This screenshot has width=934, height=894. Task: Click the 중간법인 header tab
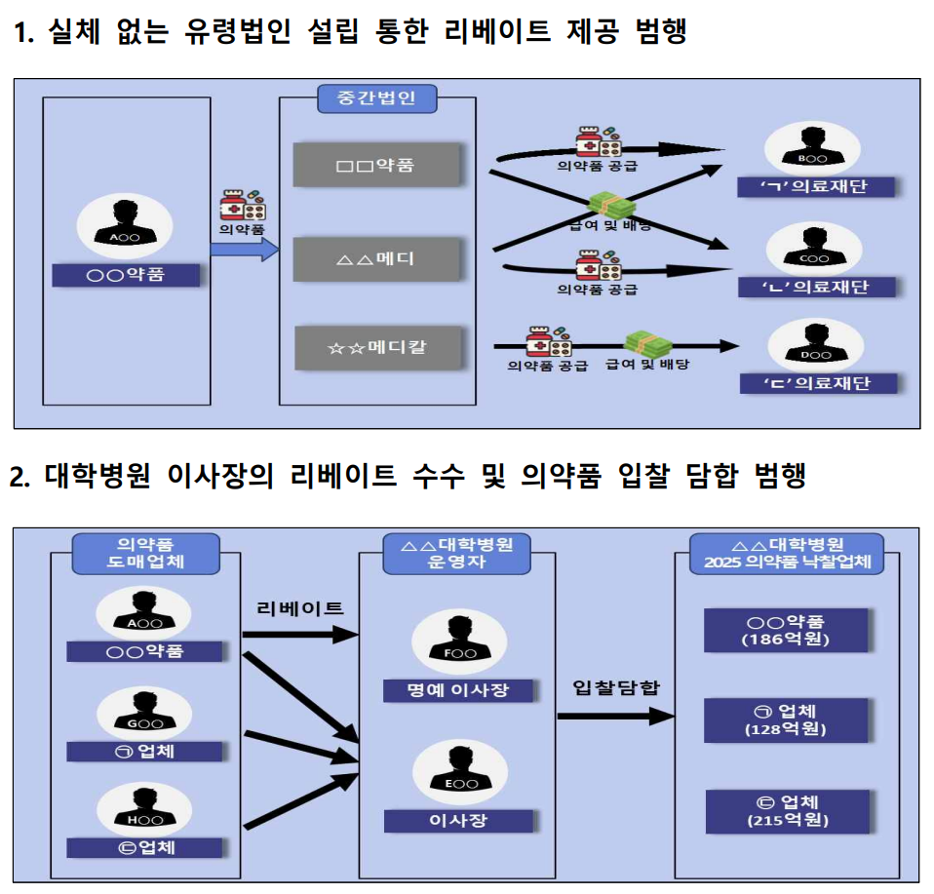click(377, 98)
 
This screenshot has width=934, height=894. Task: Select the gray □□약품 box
click(377, 165)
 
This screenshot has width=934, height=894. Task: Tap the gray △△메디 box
click(377, 259)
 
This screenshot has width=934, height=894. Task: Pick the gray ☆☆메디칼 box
click(378, 347)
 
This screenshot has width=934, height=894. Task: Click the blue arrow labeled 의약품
click(244, 249)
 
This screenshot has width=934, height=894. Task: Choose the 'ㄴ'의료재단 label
click(817, 287)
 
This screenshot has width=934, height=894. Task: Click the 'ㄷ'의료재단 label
click(818, 383)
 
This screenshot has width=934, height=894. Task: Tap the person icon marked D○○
click(815, 345)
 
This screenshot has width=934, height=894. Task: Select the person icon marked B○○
click(812, 148)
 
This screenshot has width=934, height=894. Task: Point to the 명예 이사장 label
click(458, 690)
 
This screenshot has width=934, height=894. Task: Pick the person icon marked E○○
click(460, 772)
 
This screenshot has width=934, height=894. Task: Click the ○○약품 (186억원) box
click(786, 630)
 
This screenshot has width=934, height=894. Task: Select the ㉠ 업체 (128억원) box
click(786, 720)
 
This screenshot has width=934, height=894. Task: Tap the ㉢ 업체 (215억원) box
click(788, 811)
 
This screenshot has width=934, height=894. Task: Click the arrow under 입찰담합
click(616, 716)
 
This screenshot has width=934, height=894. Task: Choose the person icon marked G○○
click(144, 714)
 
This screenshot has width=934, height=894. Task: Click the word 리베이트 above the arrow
click(300, 608)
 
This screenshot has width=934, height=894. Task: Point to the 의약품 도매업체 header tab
click(146, 554)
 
